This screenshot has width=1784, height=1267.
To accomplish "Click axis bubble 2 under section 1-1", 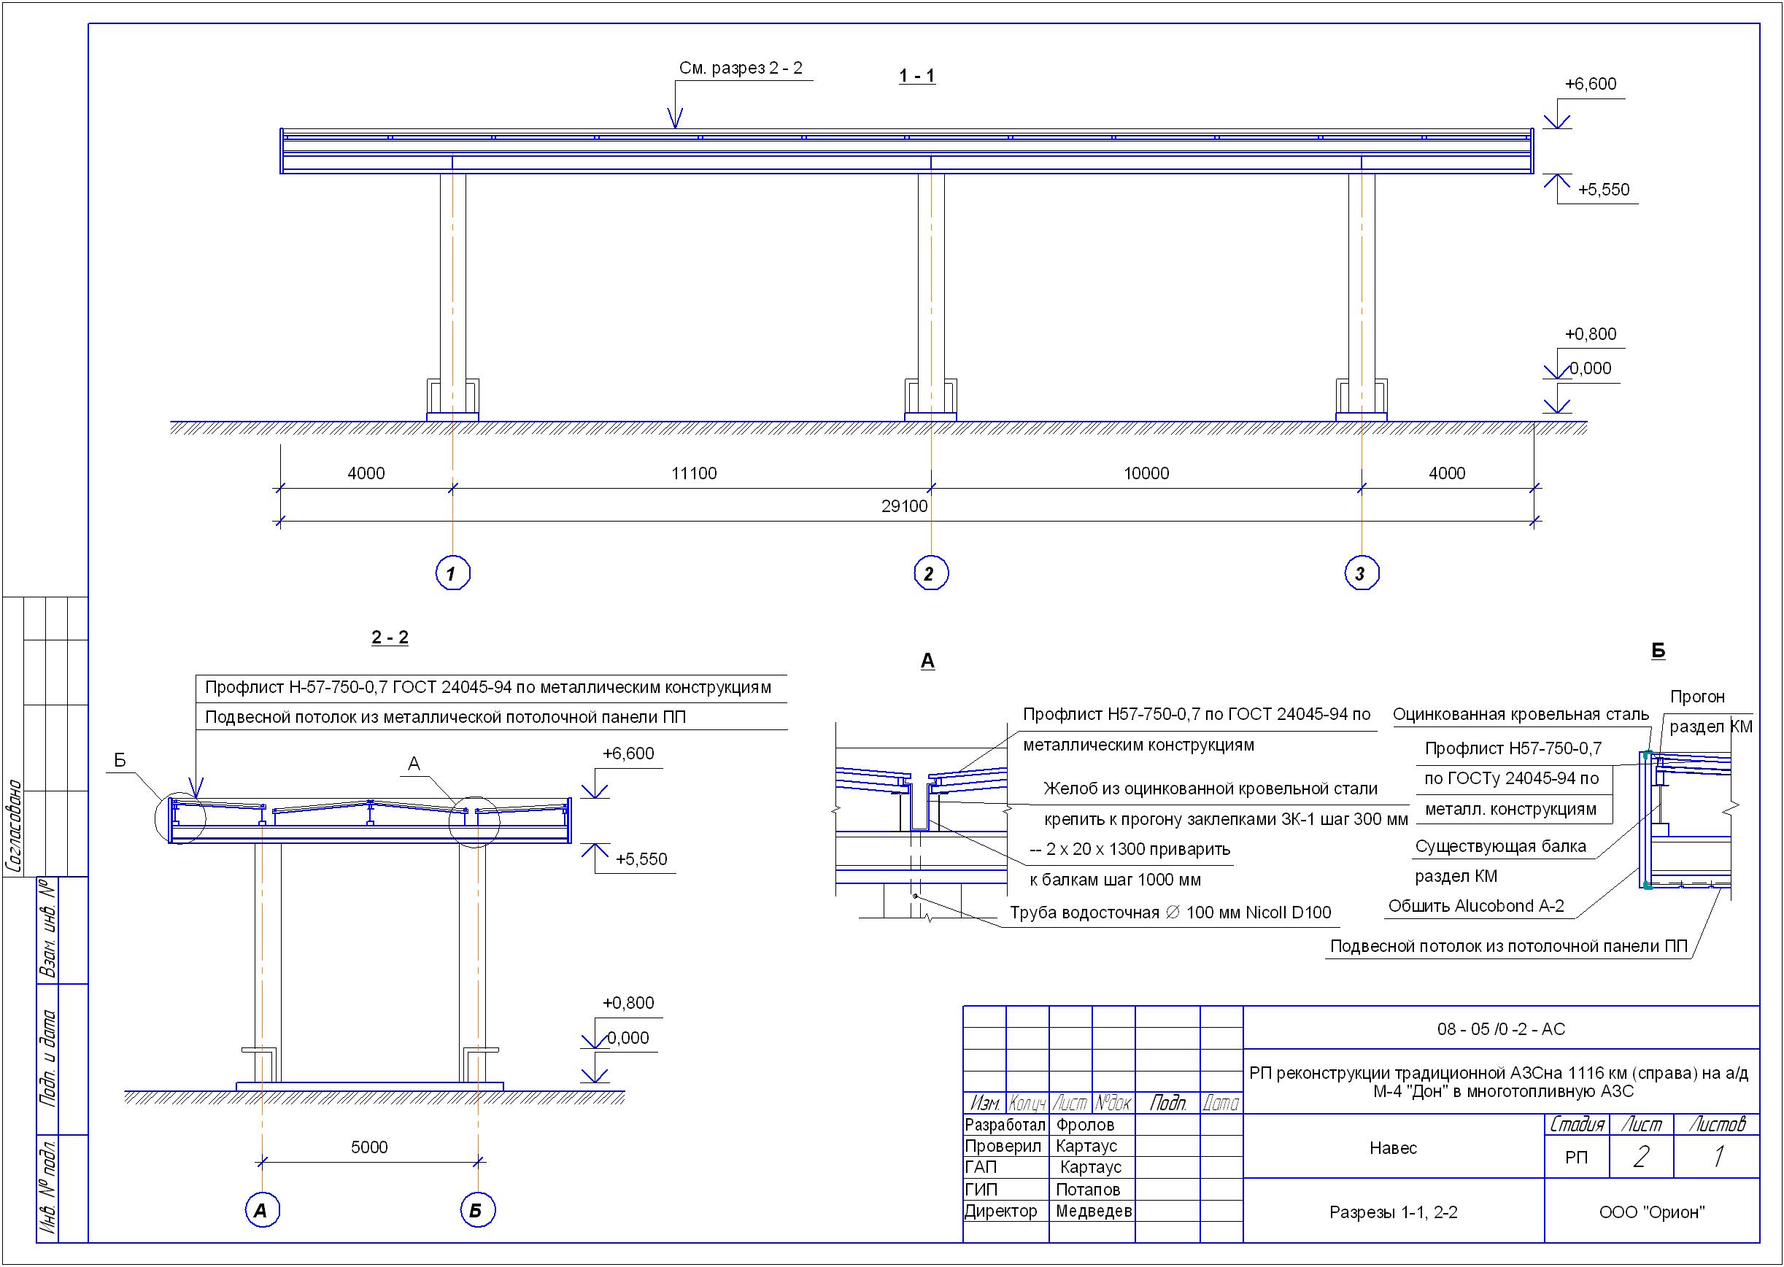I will click(930, 573).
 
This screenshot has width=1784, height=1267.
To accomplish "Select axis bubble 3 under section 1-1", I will click(1362, 573).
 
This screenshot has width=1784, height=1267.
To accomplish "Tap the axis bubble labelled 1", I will click(452, 573).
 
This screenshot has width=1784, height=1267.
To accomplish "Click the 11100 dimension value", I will click(694, 473).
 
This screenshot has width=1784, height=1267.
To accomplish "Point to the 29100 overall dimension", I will click(905, 506).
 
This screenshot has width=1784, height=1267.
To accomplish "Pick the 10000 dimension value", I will click(1146, 473).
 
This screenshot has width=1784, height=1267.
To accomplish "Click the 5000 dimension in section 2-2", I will click(369, 1147).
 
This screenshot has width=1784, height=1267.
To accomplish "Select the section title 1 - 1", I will click(917, 77).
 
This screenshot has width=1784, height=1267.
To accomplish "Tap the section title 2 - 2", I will click(390, 638).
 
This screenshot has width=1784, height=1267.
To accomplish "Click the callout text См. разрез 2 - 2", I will click(741, 69).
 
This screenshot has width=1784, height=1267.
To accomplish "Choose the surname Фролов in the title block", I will click(1085, 1125).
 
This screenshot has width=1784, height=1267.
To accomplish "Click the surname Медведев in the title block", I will click(1093, 1212).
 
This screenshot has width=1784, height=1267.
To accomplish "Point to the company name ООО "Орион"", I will click(1651, 1212).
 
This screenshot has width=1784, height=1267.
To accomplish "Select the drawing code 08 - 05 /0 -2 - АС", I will click(1501, 1029).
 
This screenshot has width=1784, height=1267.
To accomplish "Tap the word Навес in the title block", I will click(1393, 1147).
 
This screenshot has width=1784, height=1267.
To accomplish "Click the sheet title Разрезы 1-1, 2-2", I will click(1393, 1212).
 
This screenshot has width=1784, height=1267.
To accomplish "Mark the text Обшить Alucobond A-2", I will click(1476, 906).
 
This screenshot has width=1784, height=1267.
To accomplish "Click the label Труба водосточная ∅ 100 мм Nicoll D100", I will click(1170, 913).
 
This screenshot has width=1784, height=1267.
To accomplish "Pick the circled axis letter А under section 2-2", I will click(262, 1211).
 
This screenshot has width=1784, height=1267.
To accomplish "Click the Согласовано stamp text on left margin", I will click(14, 826).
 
